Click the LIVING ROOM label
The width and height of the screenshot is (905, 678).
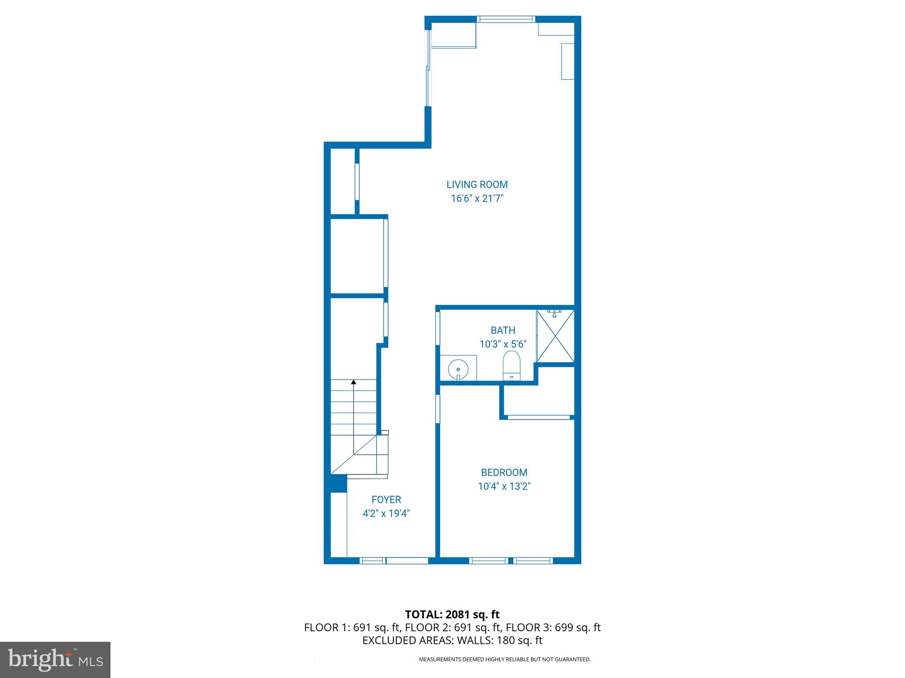(x=477, y=185)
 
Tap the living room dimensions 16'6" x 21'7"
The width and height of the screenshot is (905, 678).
(x=477, y=199)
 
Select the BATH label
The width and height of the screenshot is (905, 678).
(x=503, y=330)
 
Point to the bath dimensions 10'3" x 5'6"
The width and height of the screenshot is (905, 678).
(x=503, y=344)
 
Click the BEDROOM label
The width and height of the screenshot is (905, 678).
(x=504, y=472)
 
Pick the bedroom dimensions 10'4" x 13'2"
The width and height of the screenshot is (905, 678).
(x=504, y=486)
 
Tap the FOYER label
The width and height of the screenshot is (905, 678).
(x=386, y=500)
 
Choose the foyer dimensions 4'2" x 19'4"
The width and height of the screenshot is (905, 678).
(x=386, y=513)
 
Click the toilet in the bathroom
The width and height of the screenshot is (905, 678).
(x=511, y=366)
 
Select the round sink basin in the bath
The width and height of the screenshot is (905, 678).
(x=458, y=368)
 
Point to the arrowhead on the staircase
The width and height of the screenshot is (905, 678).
(x=354, y=382)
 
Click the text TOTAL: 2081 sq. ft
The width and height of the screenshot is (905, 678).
(x=452, y=614)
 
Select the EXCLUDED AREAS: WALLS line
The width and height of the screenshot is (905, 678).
(x=452, y=640)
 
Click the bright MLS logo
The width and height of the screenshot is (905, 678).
(x=55, y=659)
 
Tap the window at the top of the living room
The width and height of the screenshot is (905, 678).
(x=506, y=19)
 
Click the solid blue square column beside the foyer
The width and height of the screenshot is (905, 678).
(x=338, y=483)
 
